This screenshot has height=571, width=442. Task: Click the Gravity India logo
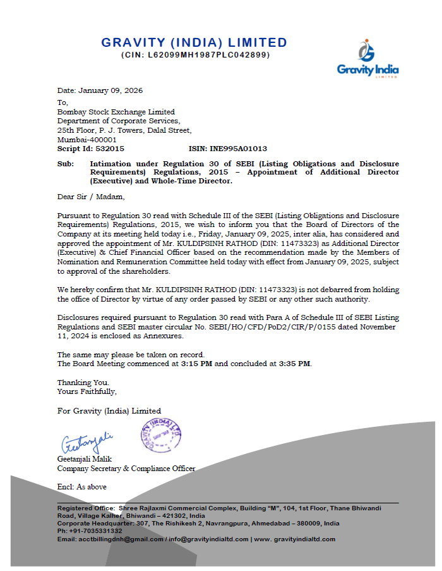pos(367,58)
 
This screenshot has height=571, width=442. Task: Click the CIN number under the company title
pos(195,55)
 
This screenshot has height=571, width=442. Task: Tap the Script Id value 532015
pos(111,149)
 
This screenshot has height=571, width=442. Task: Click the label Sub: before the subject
pos(65,164)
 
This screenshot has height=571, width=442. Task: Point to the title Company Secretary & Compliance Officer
pos(126,469)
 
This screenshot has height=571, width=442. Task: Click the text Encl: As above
pos(82,487)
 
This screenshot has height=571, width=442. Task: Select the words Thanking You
pos(83,383)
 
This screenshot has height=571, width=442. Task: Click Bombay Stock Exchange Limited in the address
pos(116,112)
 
